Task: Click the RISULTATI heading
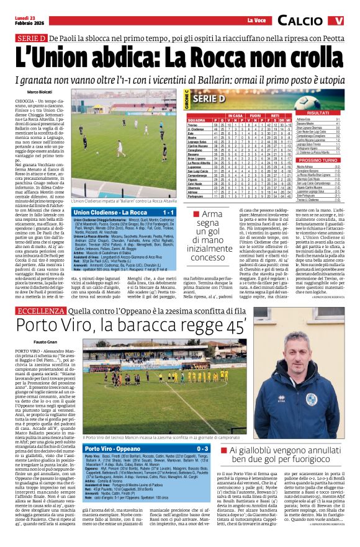click(x=318, y=113)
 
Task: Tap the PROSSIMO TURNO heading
click(x=318, y=159)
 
